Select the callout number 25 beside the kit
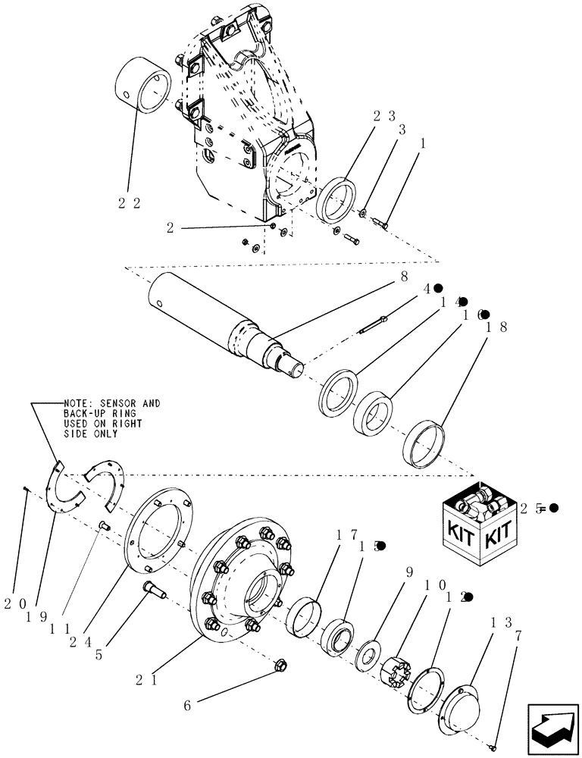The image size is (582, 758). click(530, 509)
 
